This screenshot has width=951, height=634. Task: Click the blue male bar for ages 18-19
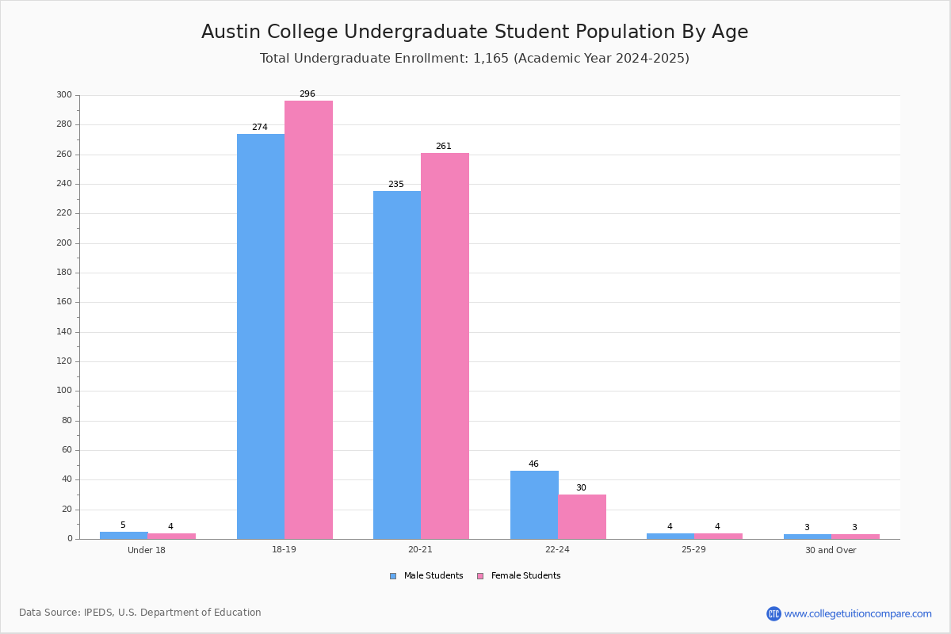point(261,336)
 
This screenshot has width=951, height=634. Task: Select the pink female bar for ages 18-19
point(308,319)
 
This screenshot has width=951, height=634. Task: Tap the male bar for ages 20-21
point(397,365)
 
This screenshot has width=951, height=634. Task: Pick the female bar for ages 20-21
point(445,346)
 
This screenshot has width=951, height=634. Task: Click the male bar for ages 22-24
point(534,505)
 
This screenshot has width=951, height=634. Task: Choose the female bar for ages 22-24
point(582,517)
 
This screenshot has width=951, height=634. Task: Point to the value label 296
point(307,94)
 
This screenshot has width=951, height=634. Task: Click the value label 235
point(396,184)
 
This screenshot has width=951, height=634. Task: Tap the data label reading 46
point(533,464)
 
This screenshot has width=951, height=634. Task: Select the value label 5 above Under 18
point(123,525)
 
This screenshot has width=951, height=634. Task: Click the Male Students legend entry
point(426,575)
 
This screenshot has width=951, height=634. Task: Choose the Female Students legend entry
point(519,575)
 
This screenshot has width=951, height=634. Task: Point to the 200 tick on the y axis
point(64,243)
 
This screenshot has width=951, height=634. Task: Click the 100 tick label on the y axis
point(64,390)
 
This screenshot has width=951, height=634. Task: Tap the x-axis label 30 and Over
point(831,550)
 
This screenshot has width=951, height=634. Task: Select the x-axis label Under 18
point(147,550)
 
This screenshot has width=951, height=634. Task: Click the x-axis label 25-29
point(693,549)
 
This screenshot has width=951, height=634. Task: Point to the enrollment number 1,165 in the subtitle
point(491,58)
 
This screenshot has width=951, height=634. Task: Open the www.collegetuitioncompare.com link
point(857,613)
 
